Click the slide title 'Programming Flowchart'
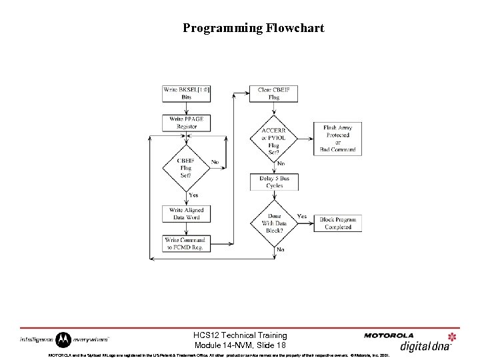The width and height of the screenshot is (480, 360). pyautogui.click(x=253, y=28)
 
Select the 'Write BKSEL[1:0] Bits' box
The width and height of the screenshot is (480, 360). pyautogui.click(x=186, y=93)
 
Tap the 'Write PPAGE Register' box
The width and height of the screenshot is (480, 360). pyautogui.click(x=186, y=123)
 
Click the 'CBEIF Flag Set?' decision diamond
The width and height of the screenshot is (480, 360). pyautogui.click(x=186, y=168)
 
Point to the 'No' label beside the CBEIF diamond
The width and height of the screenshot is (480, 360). pyautogui.click(x=215, y=162)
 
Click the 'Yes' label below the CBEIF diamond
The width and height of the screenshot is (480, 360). pyautogui.click(x=193, y=195)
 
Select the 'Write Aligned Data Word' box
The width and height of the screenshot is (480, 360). pyautogui.click(x=186, y=213)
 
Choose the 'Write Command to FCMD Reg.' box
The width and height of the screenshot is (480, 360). pyautogui.click(x=186, y=243)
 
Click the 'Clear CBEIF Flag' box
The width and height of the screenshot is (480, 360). pyautogui.click(x=274, y=93)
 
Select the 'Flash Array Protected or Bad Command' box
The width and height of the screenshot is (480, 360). pyautogui.click(x=337, y=139)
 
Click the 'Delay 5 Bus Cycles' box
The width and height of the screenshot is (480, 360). pyautogui.click(x=274, y=182)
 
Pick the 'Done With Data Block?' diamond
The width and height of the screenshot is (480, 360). pyautogui.click(x=274, y=223)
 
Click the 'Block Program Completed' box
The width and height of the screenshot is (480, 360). pyautogui.click(x=337, y=223)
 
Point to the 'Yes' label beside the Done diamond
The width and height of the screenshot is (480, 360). pyautogui.click(x=301, y=216)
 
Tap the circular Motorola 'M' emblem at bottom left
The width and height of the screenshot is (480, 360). pyautogui.click(x=63, y=340)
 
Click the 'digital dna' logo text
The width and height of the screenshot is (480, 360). pyautogui.click(x=425, y=345)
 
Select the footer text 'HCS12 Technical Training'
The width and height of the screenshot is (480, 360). pyautogui.click(x=240, y=335)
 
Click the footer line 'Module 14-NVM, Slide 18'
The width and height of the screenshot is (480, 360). pyautogui.click(x=240, y=345)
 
